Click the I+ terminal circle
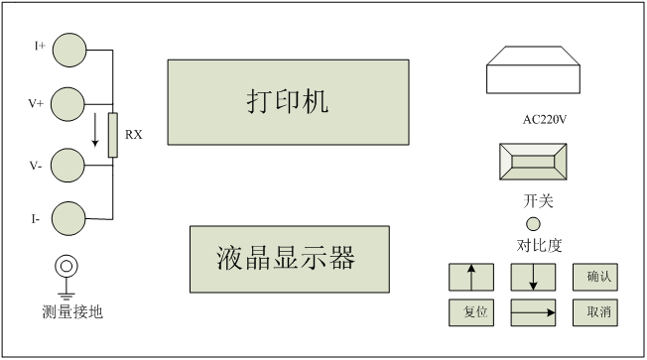pyautogui.click(x=69, y=50)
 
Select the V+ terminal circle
pyautogui.click(x=67, y=104)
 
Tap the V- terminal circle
pyautogui.click(x=67, y=166)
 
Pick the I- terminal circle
pyautogui.click(x=68, y=218)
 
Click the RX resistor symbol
pyautogui.click(x=113, y=135)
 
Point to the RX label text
pyautogui.click(x=134, y=135)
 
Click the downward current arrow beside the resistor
pyautogui.click(x=95, y=130)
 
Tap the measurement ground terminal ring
pyautogui.click(x=66, y=266)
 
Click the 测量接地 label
pyautogui.click(x=72, y=311)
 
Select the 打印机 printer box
pyautogui.click(x=289, y=102)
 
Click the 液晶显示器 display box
pyautogui.click(x=290, y=259)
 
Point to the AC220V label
pyautogui.click(x=545, y=120)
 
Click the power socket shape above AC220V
pyautogui.click(x=533, y=69)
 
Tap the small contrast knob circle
pyautogui.click(x=533, y=224)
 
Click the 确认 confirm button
pyautogui.click(x=595, y=277)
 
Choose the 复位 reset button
pyautogui.click(x=471, y=312)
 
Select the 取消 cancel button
pyautogui.click(x=595, y=312)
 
